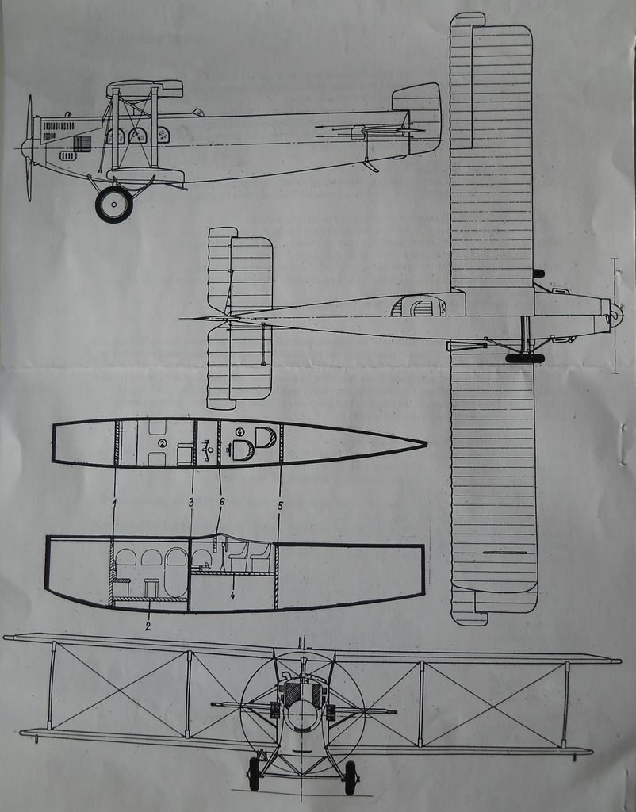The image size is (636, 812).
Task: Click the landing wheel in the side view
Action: [x=113, y=205]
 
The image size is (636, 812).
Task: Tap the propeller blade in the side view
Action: [x=29, y=119]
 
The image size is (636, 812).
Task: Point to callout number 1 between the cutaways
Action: [x=114, y=502]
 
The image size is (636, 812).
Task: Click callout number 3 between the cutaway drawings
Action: [x=191, y=502]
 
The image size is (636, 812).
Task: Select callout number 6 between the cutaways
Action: [x=222, y=502]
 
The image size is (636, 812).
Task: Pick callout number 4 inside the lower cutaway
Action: [x=232, y=594]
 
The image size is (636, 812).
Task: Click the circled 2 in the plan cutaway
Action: [x=162, y=443]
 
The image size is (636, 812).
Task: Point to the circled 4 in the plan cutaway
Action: [x=239, y=432]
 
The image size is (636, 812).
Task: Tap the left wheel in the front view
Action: [x=254, y=774]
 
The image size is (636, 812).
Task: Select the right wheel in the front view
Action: [x=350, y=777]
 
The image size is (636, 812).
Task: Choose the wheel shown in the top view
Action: [x=524, y=358]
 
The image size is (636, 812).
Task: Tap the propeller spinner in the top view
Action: [x=615, y=316]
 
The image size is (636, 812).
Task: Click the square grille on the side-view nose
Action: [x=82, y=143]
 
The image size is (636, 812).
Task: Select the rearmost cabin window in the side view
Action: [x=163, y=135]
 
